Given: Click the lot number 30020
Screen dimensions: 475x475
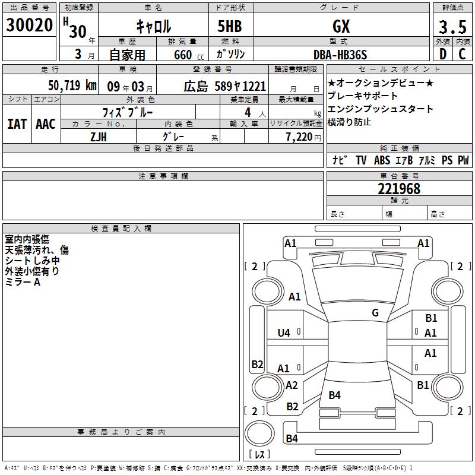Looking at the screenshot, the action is point(29,26).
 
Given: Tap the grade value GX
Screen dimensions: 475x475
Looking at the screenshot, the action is point(341,26).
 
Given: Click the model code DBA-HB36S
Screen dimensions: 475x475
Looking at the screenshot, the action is point(340,55).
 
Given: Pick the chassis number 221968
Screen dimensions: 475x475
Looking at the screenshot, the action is point(399,189).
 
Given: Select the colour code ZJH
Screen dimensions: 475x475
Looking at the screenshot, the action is point(98,137).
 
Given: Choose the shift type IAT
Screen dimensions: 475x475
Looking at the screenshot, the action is point(17,124).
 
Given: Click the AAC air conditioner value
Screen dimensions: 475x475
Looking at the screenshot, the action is point(46,124).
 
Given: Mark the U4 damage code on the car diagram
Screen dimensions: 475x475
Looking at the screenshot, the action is point(284,333).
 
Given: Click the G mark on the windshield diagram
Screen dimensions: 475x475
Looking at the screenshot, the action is point(375,313).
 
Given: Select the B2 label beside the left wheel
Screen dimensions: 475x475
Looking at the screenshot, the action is point(257,364).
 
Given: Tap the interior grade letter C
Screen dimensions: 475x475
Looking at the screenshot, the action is point(461,54).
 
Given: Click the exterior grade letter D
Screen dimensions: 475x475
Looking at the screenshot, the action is point(442,54).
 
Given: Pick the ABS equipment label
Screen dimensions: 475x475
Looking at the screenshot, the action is point(382,160).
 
